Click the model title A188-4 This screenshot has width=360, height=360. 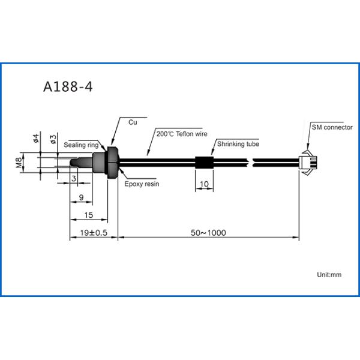[68, 86]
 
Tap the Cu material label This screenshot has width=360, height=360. [133, 122]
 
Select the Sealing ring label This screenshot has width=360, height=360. [81, 145]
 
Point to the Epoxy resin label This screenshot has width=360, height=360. [142, 184]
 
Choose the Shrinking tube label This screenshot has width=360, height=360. [238, 144]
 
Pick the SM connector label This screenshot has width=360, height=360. [332, 128]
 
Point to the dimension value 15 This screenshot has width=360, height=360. [88, 214]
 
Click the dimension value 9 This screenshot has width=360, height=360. [81, 197]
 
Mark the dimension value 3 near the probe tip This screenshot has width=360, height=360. [73, 178]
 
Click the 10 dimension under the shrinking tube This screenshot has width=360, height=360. [204, 184]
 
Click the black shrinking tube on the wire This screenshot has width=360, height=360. [204, 161]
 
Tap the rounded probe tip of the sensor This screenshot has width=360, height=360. [73, 161]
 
